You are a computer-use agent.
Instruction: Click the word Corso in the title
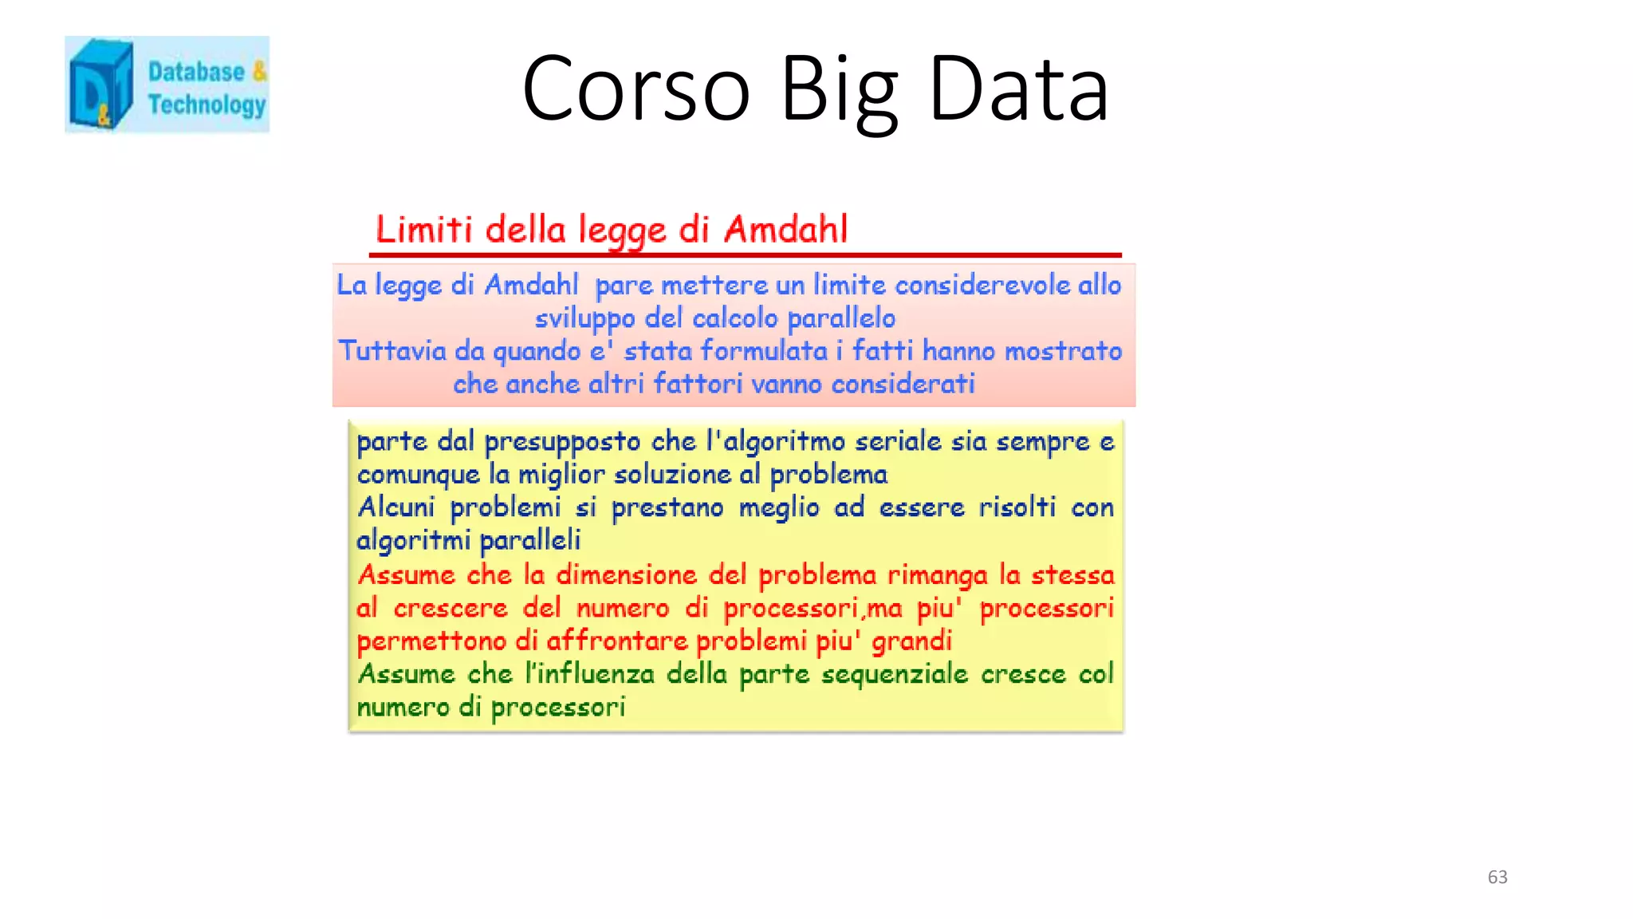click(x=635, y=89)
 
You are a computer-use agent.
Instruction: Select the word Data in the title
click(x=1018, y=89)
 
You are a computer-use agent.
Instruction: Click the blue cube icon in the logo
click(x=100, y=85)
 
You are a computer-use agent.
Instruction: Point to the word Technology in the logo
click(x=207, y=105)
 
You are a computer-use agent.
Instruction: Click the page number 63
click(x=1497, y=877)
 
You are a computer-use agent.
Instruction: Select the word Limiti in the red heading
click(x=424, y=230)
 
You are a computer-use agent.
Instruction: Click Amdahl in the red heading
click(x=785, y=230)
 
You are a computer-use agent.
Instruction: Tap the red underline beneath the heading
click(x=745, y=255)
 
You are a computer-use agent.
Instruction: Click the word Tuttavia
click(x=392, y=351)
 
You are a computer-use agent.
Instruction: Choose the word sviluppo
click(x=584, y=319)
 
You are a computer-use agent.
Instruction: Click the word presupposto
click(x=562, y=442)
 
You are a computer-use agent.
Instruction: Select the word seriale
click(x=898, y=442)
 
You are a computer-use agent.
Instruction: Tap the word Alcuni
click(x=395, y=507)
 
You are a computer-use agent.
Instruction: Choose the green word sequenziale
click(x=895, y=675)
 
